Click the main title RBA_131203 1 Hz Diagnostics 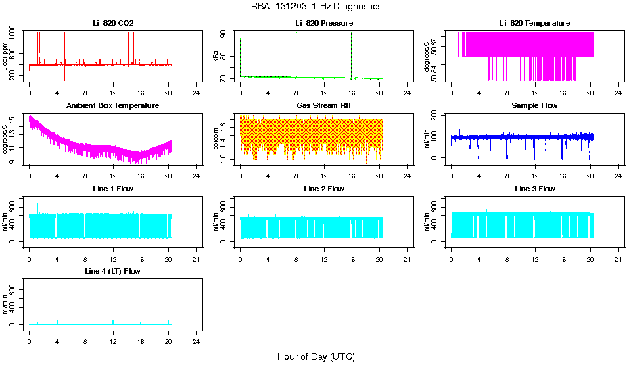(316, 7)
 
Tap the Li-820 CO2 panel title (113, 24)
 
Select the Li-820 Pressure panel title (324, 24)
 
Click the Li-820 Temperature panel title (534, 24)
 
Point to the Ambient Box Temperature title (113, 106)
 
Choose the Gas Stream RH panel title (324, 106)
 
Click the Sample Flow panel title (534, 106)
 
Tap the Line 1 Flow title (113, 189)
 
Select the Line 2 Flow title (324, 189)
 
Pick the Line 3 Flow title (534, 189)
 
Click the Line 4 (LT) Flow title (113, 271)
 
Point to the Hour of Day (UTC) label (316, 356)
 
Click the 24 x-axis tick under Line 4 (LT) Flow (197, 334)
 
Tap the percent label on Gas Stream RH (216, 139)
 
